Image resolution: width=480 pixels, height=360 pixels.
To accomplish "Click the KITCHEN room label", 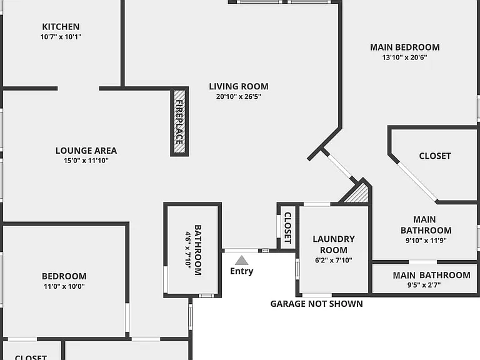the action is coord(61,27).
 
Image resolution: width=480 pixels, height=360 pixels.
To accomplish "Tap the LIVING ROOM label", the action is coord(239,86).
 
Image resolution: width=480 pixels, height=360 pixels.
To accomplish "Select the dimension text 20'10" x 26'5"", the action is coord(239,96).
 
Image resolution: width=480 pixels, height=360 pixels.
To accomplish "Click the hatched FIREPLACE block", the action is coord(179,121).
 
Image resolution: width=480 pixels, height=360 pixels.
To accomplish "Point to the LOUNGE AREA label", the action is coord(86,151).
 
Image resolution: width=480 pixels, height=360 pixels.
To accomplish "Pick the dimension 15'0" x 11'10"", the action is coord(86,161).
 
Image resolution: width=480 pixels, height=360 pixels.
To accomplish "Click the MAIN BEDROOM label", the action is coord(405,47).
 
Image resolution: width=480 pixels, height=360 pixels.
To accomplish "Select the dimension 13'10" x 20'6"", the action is coord(404,57).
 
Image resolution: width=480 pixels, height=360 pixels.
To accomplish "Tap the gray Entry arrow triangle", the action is coord(241,260).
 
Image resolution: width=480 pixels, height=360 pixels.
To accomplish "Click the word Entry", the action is coord(241,271).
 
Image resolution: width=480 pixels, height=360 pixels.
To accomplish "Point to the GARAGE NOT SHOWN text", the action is coord(316,304).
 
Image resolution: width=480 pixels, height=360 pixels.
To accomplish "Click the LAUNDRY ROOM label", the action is coord(334,244).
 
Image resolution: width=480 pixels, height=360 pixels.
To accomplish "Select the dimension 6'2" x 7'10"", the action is coord(334,260).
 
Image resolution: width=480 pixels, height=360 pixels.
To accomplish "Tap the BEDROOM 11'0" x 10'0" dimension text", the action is coord(64,286).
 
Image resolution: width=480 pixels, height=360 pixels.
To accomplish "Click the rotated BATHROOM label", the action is coord(198,250).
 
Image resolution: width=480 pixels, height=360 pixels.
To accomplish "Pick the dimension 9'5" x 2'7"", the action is coord(424,285).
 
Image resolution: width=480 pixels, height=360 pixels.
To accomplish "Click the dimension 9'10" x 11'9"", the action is coord(426,240).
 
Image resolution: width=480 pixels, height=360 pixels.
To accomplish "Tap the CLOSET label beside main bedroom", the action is coord(435,156).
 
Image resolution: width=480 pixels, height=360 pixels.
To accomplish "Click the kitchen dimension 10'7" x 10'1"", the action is coord(61,37).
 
